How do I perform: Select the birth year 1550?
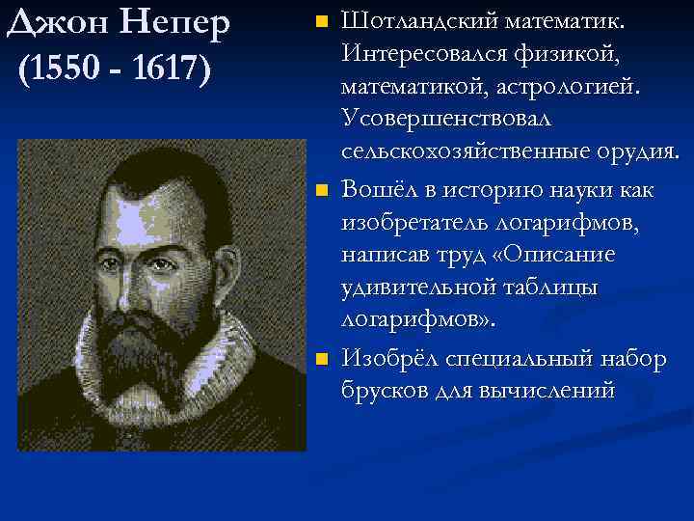pyautogui.click(x=67, y=69)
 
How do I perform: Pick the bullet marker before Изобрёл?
pyautogui.click(x=322, y=360)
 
